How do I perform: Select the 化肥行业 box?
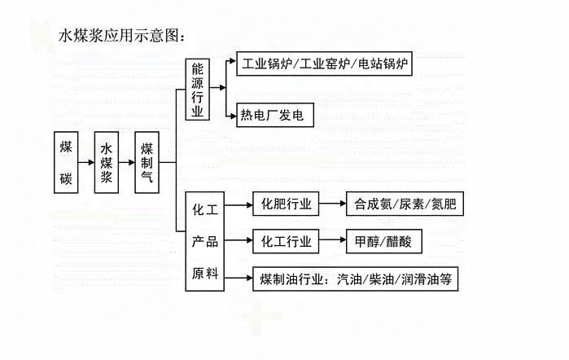pos(286,204)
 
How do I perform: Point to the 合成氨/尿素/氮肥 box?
pos(404,204)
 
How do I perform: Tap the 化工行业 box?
pos(286,242)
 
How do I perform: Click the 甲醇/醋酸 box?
pos(383,242)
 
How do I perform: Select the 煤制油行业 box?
pos(355,279)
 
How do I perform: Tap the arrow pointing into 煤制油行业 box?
pos(237,279)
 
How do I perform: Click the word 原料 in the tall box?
pos(205,274)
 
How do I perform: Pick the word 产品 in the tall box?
pos(205,242)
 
